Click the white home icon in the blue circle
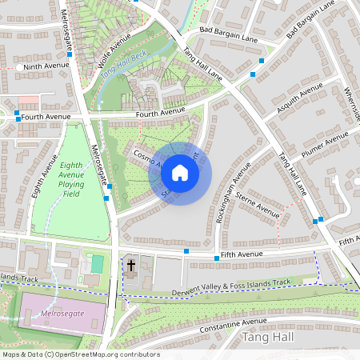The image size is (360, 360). (x=180, y=172)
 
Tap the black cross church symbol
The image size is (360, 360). (x=130, y=265)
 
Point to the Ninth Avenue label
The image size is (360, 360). (x=44, y=67)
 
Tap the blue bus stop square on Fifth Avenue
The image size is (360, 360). (x=186, y=251)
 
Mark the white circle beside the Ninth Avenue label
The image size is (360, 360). (x=18, y=68)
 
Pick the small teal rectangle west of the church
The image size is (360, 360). (x=97, y=262)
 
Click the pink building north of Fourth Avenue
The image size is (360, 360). (x=28, y=100)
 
